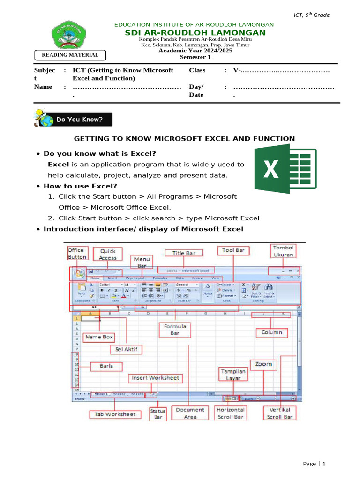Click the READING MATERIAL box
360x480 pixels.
pyautogui.click(x=70, y=55)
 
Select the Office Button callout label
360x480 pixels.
pyautogui.click(x=77, y=254)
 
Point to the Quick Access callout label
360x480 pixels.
pyautogui.click(x=108, y=254)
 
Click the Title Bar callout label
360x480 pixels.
pyautogui.click(x=187, y=253)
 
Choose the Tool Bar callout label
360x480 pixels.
pyautogui.click(x=233, y=250)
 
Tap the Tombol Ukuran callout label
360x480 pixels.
pyautogui.click(x=283, y=251)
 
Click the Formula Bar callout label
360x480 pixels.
pyautogui.click(x=175, y=330)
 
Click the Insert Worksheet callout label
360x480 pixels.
pyautogui.click(x=155, y=377)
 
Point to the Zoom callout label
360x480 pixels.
pyautogui.click(x=263, y=364)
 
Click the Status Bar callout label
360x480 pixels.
pyautogui.click(x=157, y=413)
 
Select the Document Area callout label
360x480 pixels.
pyautogui.click(x=190, y=412)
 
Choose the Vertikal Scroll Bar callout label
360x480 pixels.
pyautogui.click(x=280, y=412)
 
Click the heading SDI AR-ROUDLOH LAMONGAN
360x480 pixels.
pyautogui.click(x=195, y=32)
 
